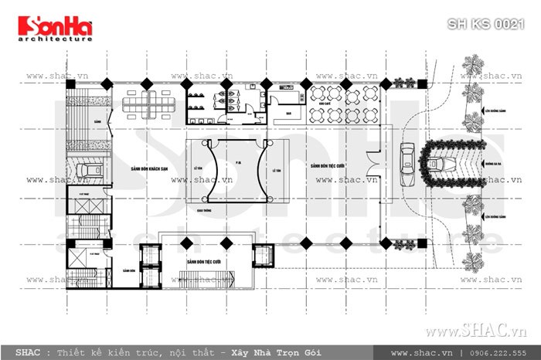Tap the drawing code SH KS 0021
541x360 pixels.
tap(486, 24)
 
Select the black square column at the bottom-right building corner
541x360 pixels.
tap(384, 243)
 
